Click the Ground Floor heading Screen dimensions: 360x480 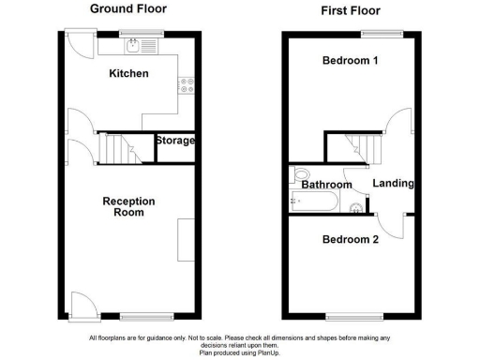[128, 8]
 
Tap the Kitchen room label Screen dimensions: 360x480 [128, 73]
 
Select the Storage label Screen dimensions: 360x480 [175, 141]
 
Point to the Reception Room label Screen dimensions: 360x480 [128, 206]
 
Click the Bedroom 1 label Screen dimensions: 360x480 [349, 61]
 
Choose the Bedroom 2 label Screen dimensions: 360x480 [349, 240]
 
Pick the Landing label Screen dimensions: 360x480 [393, 183]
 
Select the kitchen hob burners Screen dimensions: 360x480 [186, 84]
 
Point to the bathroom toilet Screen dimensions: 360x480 [300, 176]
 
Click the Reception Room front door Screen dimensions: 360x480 [82, 302]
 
